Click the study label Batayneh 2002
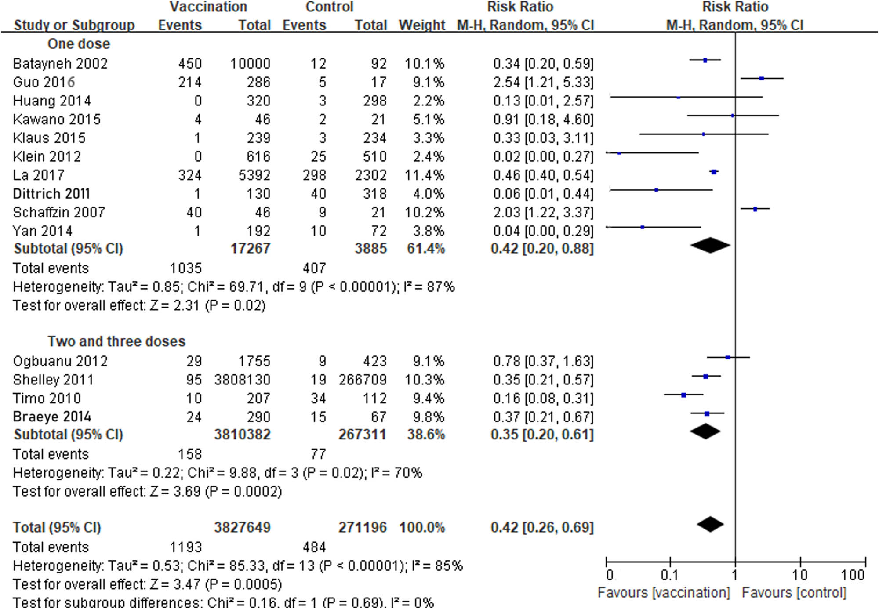coord(60,64)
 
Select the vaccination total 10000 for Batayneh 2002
coord(250,64)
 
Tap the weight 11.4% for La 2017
coord(424,175)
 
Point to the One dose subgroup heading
coord(79,44)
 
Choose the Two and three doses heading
coord(116,341)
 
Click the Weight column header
coord(421,25)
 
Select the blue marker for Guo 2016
coord(762,79)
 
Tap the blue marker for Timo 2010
coord(683,395)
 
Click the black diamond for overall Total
coord(710,524)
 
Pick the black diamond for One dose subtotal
coord(710,245)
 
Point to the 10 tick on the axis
coord(800,562)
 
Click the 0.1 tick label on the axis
coord(669,575)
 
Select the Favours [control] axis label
coord(794,593)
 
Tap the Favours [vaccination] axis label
coord(664,593)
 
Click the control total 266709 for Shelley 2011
coord(362,380)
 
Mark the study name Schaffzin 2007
coord(59,213)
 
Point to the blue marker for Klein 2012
coord(619,153)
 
